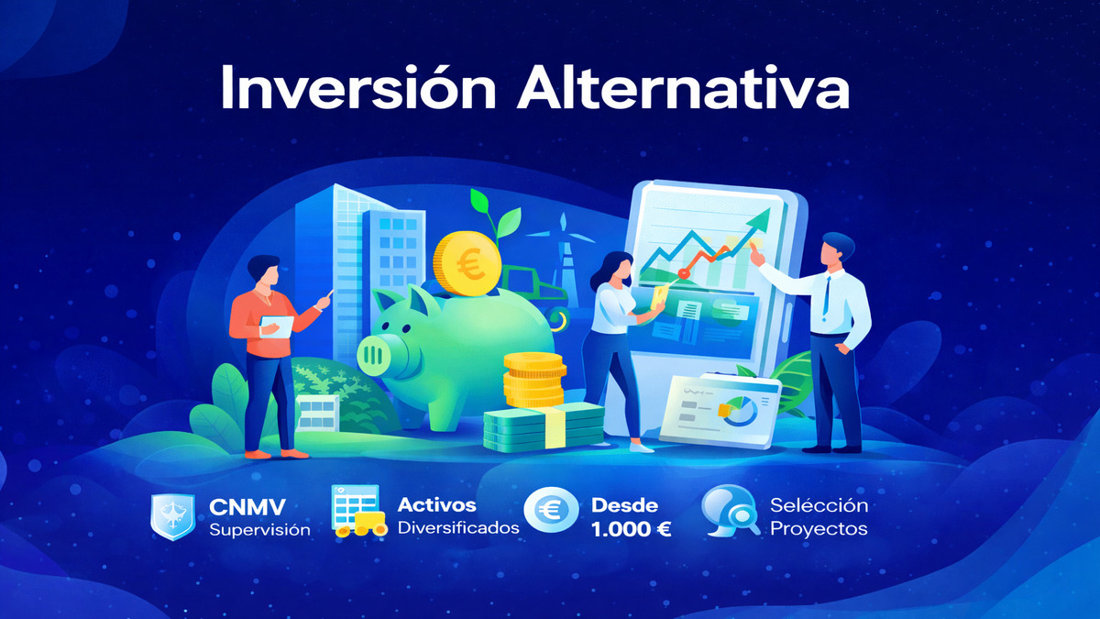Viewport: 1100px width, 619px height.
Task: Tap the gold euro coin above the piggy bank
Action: tap(467, 261)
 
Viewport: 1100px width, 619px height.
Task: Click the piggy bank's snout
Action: tap(375, 353)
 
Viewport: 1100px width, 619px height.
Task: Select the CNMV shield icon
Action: tap(171, 515)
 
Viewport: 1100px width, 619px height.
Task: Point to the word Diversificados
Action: tap(458, 528)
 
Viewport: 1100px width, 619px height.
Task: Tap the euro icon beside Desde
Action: tap(551, 513)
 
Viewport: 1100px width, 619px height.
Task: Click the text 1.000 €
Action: tap(632, 529)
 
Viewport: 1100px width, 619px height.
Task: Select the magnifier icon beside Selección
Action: tap(731, 514)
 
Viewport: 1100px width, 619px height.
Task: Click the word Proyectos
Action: tap(819, 528)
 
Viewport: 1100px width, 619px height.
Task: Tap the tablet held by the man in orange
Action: tap(276, 326)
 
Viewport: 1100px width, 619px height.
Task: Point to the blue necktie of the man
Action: tap(827, 293)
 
